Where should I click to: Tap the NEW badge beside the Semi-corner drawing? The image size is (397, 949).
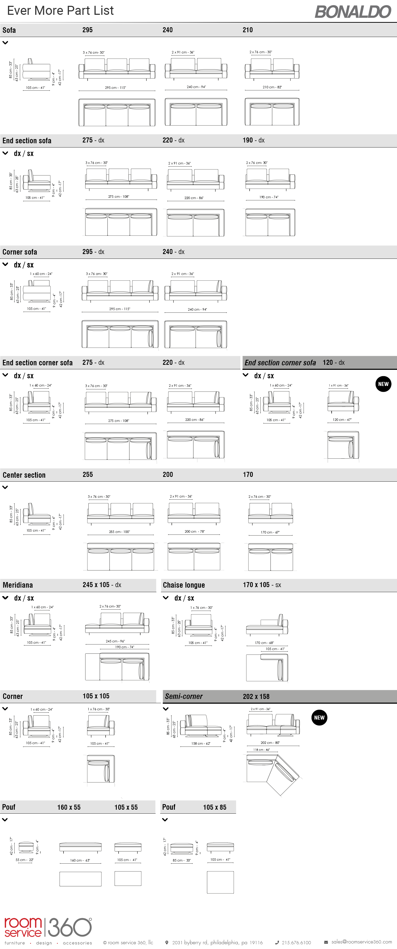319,718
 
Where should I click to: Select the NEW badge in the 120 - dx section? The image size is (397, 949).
383,384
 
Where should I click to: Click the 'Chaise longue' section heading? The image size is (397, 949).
184,585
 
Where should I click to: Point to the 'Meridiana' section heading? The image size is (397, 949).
18,585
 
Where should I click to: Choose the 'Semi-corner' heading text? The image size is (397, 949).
184,696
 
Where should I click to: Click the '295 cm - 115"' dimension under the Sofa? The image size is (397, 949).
115,88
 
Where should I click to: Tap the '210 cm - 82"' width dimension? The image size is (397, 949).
272,87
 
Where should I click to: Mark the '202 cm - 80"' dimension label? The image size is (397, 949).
270,743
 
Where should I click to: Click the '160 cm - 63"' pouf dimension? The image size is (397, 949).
80,860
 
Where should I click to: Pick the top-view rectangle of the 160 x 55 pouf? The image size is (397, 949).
80,879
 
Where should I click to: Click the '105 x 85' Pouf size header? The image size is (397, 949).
214,807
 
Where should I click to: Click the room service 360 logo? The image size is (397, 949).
48,928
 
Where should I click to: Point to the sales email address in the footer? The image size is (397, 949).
361,942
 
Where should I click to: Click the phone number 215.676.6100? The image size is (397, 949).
296,942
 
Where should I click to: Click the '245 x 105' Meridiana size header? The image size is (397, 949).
96,585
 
